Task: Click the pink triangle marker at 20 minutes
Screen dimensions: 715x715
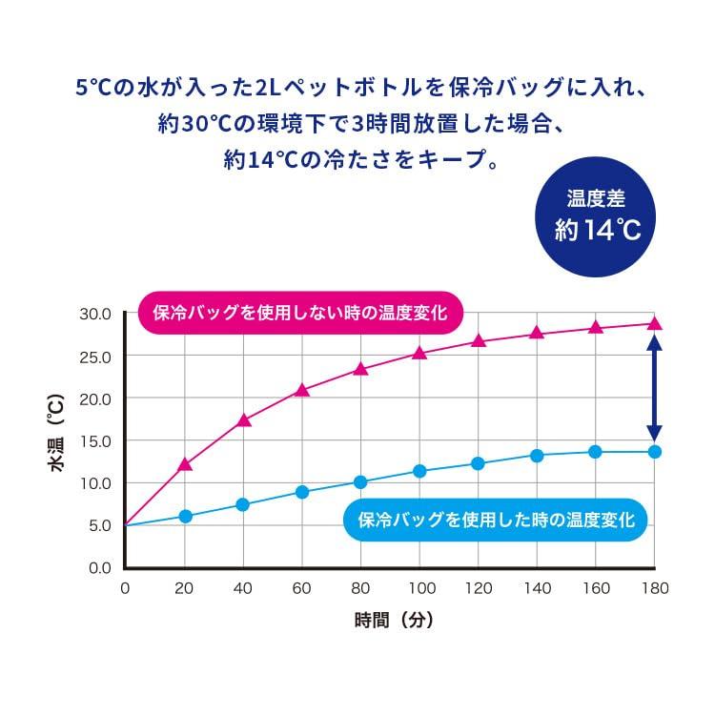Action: point(185,465)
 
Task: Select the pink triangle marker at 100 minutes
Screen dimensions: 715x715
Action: point(419,353)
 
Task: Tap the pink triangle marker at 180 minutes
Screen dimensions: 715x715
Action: point(655,323)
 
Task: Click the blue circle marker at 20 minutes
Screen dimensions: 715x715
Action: point(185,516)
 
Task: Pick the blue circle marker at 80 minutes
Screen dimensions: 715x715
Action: point(360,482)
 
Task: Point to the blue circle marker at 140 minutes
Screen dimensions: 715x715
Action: point(537,456)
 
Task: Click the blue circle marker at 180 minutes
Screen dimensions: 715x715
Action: point(655,452)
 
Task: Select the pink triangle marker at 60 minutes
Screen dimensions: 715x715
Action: point(302,390)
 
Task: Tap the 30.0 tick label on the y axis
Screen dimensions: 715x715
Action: point(95,314)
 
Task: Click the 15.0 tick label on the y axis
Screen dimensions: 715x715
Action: point(95,440)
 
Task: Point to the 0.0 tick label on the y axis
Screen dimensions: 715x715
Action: point(99,567)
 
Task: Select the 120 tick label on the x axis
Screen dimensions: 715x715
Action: point(478,589)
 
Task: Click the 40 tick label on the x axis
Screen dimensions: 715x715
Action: point(243,589)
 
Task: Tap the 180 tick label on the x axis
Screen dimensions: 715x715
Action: point(654,589)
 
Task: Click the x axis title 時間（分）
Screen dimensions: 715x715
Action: point(394,620)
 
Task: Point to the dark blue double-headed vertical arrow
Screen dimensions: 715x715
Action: point(655,388)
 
